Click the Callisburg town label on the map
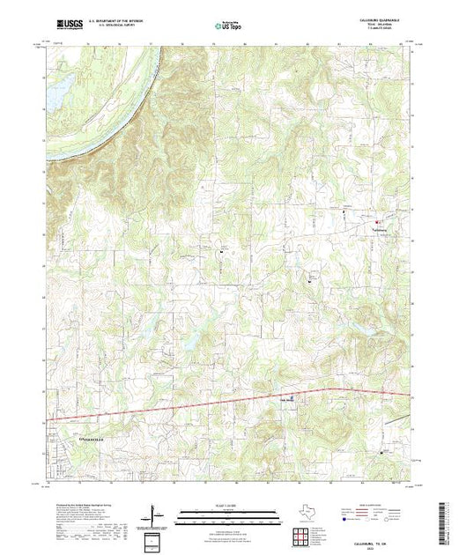[378, 232]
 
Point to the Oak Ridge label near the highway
[286, 397]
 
